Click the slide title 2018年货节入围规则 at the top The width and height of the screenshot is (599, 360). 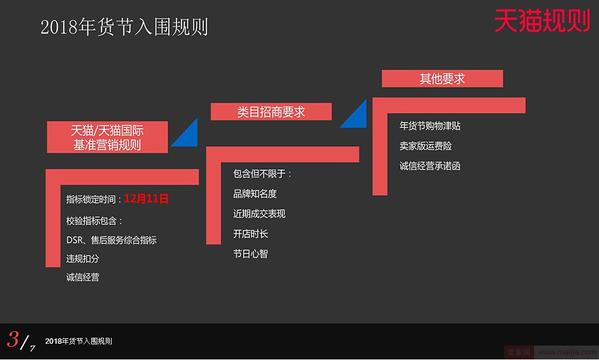click(124, 27)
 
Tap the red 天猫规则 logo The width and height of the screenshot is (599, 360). click(543, 20)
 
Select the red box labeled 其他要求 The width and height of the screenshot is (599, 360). click(442, 79)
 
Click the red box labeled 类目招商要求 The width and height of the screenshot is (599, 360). click(271, 112)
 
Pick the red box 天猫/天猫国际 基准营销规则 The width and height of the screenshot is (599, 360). click(108, 137)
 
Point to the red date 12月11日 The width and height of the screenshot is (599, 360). click(147, 199)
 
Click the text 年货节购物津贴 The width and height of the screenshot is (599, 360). click(430, 126)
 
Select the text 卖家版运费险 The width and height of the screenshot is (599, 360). click(425, 146)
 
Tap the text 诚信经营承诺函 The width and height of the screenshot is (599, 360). click(430, 166)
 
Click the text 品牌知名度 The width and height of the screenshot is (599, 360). click(255, 194)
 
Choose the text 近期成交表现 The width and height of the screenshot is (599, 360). click(260, 214)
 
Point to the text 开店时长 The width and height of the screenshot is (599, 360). click(251, 234)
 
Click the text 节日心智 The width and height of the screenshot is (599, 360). click(251, 254)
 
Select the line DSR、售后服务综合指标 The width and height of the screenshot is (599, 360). click(112, 240)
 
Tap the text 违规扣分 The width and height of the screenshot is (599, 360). click(82, 258)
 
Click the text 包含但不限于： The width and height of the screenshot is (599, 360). click(263, 174)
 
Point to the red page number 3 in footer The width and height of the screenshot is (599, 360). click(13, 339)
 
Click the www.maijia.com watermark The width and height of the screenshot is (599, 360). click(567, 352)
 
